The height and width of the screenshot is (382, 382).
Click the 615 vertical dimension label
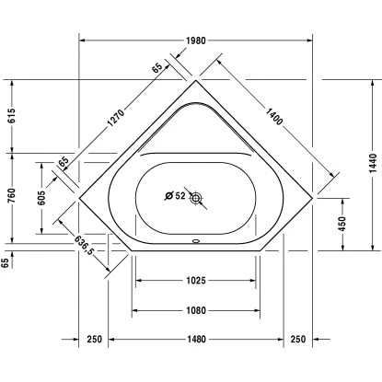(x=12, y=116)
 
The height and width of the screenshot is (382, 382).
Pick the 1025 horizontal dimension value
(x=196, y=280)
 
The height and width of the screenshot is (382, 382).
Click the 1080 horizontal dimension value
(x=196, y=310)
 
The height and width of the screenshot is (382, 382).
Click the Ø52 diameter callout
(x=175, y=195)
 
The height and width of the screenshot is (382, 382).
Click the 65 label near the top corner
(x=156, y=67)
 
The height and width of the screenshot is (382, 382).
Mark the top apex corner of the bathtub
(x=196, y=81)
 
